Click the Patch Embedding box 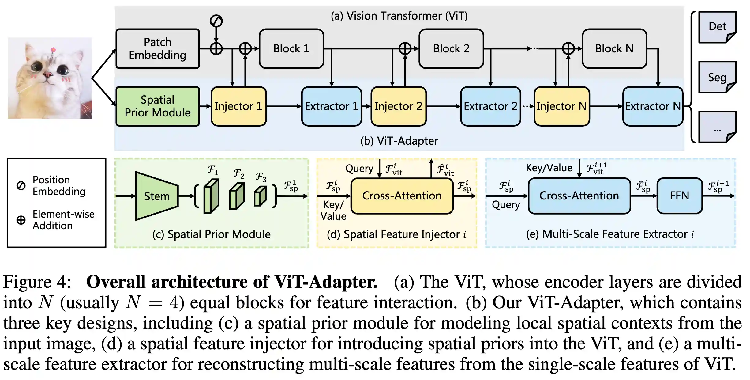click(x=158, y=49)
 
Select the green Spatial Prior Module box click(x=158, y=106)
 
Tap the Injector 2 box click(x=398, y=106)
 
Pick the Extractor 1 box click(x=332, y=106)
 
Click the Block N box click(x=614, y=49)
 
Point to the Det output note click(x=717, y=27)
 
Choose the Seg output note click(x=717, y=77)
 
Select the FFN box click(x=679, y=196)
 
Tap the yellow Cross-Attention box click(x=402, y=196)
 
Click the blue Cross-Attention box click(x=579, y=196)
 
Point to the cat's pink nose click(x=47, y=74)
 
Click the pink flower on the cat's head click(x=53, y=50)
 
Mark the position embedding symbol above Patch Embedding click(x=216, y=21)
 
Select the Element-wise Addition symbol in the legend click(x=21, y=220)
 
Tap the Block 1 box click(x=291, y=49)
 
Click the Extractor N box click(x=653, y=106)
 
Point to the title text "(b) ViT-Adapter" click(x=399, y=141)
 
